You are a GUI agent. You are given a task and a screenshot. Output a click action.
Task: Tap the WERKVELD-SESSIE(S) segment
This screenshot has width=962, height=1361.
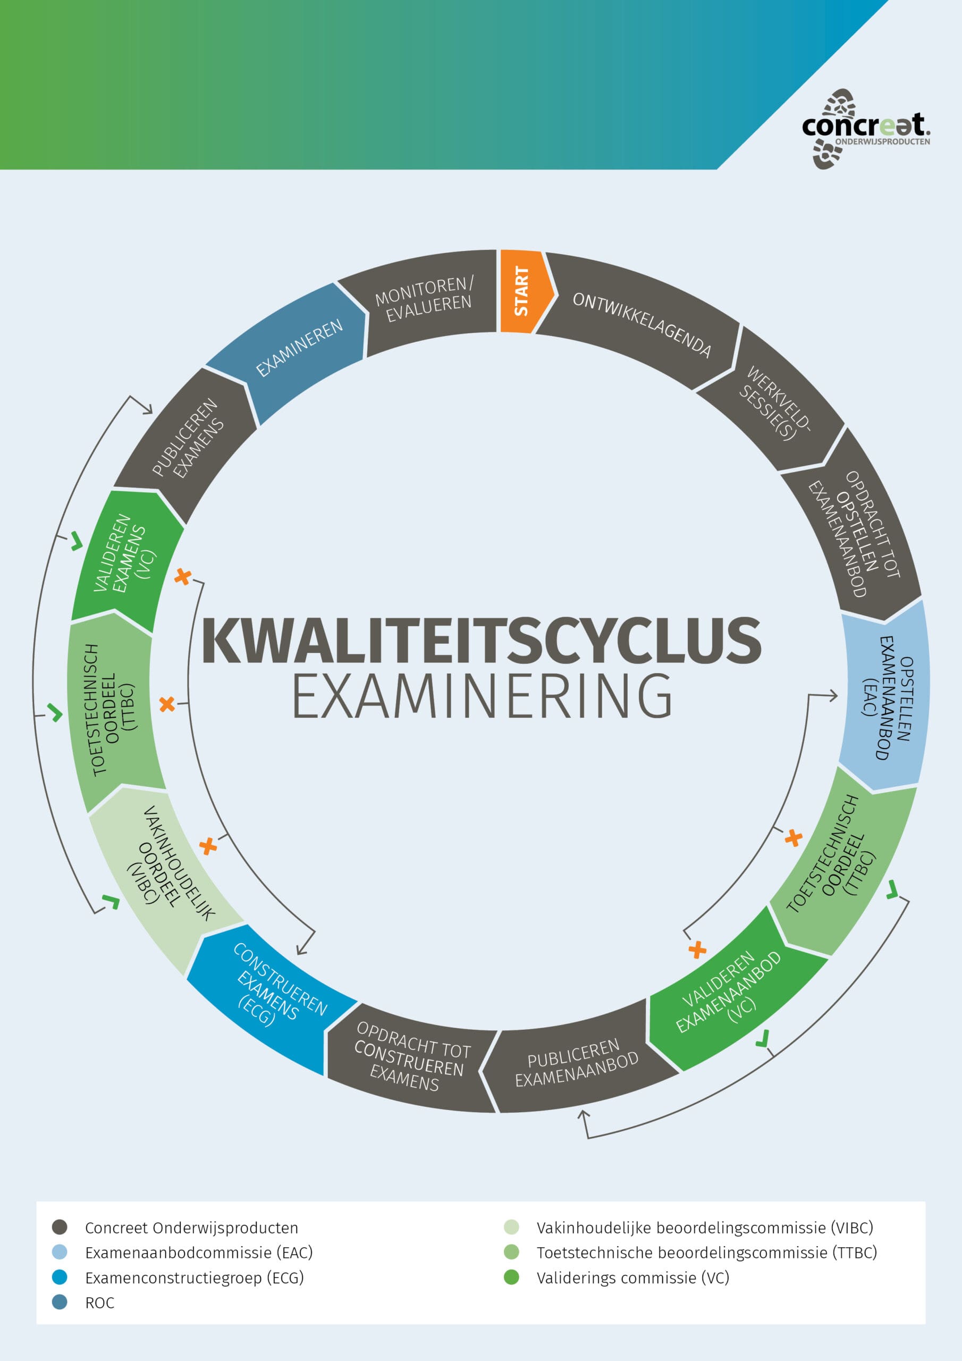(773, 404)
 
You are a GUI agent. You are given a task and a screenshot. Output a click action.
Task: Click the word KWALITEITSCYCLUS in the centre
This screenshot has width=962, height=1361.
(480, 641)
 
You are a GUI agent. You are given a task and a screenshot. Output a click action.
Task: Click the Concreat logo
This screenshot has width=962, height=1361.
(865, 128)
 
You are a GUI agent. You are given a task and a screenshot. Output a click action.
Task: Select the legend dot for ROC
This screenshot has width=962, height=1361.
(60, 1302)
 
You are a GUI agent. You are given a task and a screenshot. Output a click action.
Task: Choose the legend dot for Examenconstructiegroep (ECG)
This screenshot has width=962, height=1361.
(60, 1277)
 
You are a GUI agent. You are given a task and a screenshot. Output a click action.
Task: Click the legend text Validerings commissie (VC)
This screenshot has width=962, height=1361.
(632, 1278)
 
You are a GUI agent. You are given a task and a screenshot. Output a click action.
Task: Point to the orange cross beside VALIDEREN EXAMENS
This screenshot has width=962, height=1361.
(182, 576)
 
